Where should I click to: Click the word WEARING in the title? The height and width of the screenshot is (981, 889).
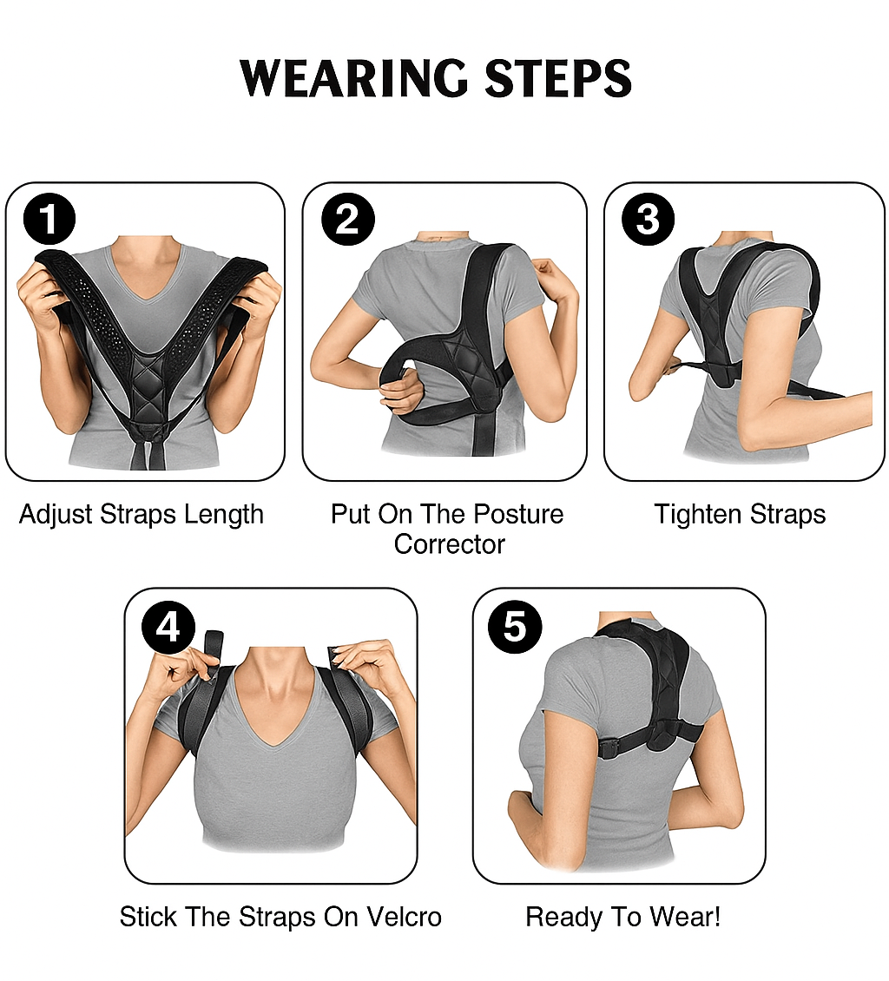tap(353, 79)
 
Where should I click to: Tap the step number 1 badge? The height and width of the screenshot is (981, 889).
tap(49, 220)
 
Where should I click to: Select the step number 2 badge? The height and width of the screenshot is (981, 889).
tap(348, 220)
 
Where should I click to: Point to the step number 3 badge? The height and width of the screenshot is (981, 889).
tap(648, 220)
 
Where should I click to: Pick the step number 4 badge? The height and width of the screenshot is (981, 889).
tap(168, 627)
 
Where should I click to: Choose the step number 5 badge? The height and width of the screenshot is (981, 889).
tap(515, 627)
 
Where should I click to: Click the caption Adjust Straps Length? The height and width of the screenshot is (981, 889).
tap(142, 515)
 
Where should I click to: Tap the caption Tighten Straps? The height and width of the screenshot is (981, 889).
tap(740, 515)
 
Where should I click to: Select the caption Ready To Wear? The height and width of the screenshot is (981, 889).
tap(623, 917)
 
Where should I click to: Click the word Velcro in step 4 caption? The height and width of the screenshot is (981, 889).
tap(405, 917)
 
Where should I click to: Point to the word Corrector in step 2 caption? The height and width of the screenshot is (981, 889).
tap(449, 544)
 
